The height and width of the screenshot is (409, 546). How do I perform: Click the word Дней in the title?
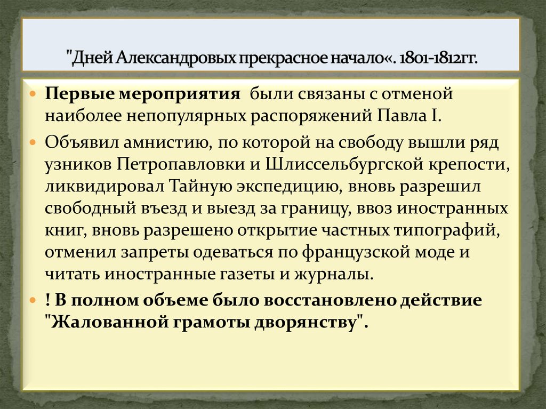click(94, 56)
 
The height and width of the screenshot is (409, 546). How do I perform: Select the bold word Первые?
click(77, 94)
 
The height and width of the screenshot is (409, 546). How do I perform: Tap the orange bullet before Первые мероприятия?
click(33, 95)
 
